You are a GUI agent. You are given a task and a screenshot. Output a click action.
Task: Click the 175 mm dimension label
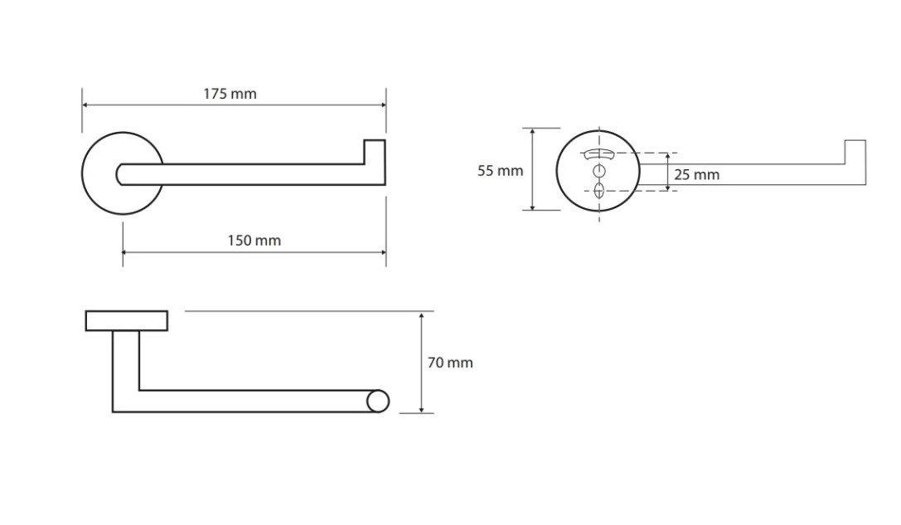pos(230,94)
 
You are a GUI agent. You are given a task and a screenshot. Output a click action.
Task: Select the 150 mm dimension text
pos(254,241)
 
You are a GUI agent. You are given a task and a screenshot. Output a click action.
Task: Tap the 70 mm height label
pos(450,362)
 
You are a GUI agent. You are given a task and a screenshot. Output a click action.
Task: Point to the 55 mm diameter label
pos(500,171)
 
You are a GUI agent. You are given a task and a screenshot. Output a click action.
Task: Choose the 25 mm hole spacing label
pos(696,175)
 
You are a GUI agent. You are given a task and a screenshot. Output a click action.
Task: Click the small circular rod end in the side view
pos(377,401)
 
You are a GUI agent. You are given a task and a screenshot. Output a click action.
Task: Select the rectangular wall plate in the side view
pos(127,321)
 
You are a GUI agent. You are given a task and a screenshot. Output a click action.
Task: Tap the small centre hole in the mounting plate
pos(598,171)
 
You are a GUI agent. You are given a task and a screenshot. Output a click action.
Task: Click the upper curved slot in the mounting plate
pos(598,154)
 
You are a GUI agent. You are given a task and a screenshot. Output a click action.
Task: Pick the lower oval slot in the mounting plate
pos(598,190)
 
